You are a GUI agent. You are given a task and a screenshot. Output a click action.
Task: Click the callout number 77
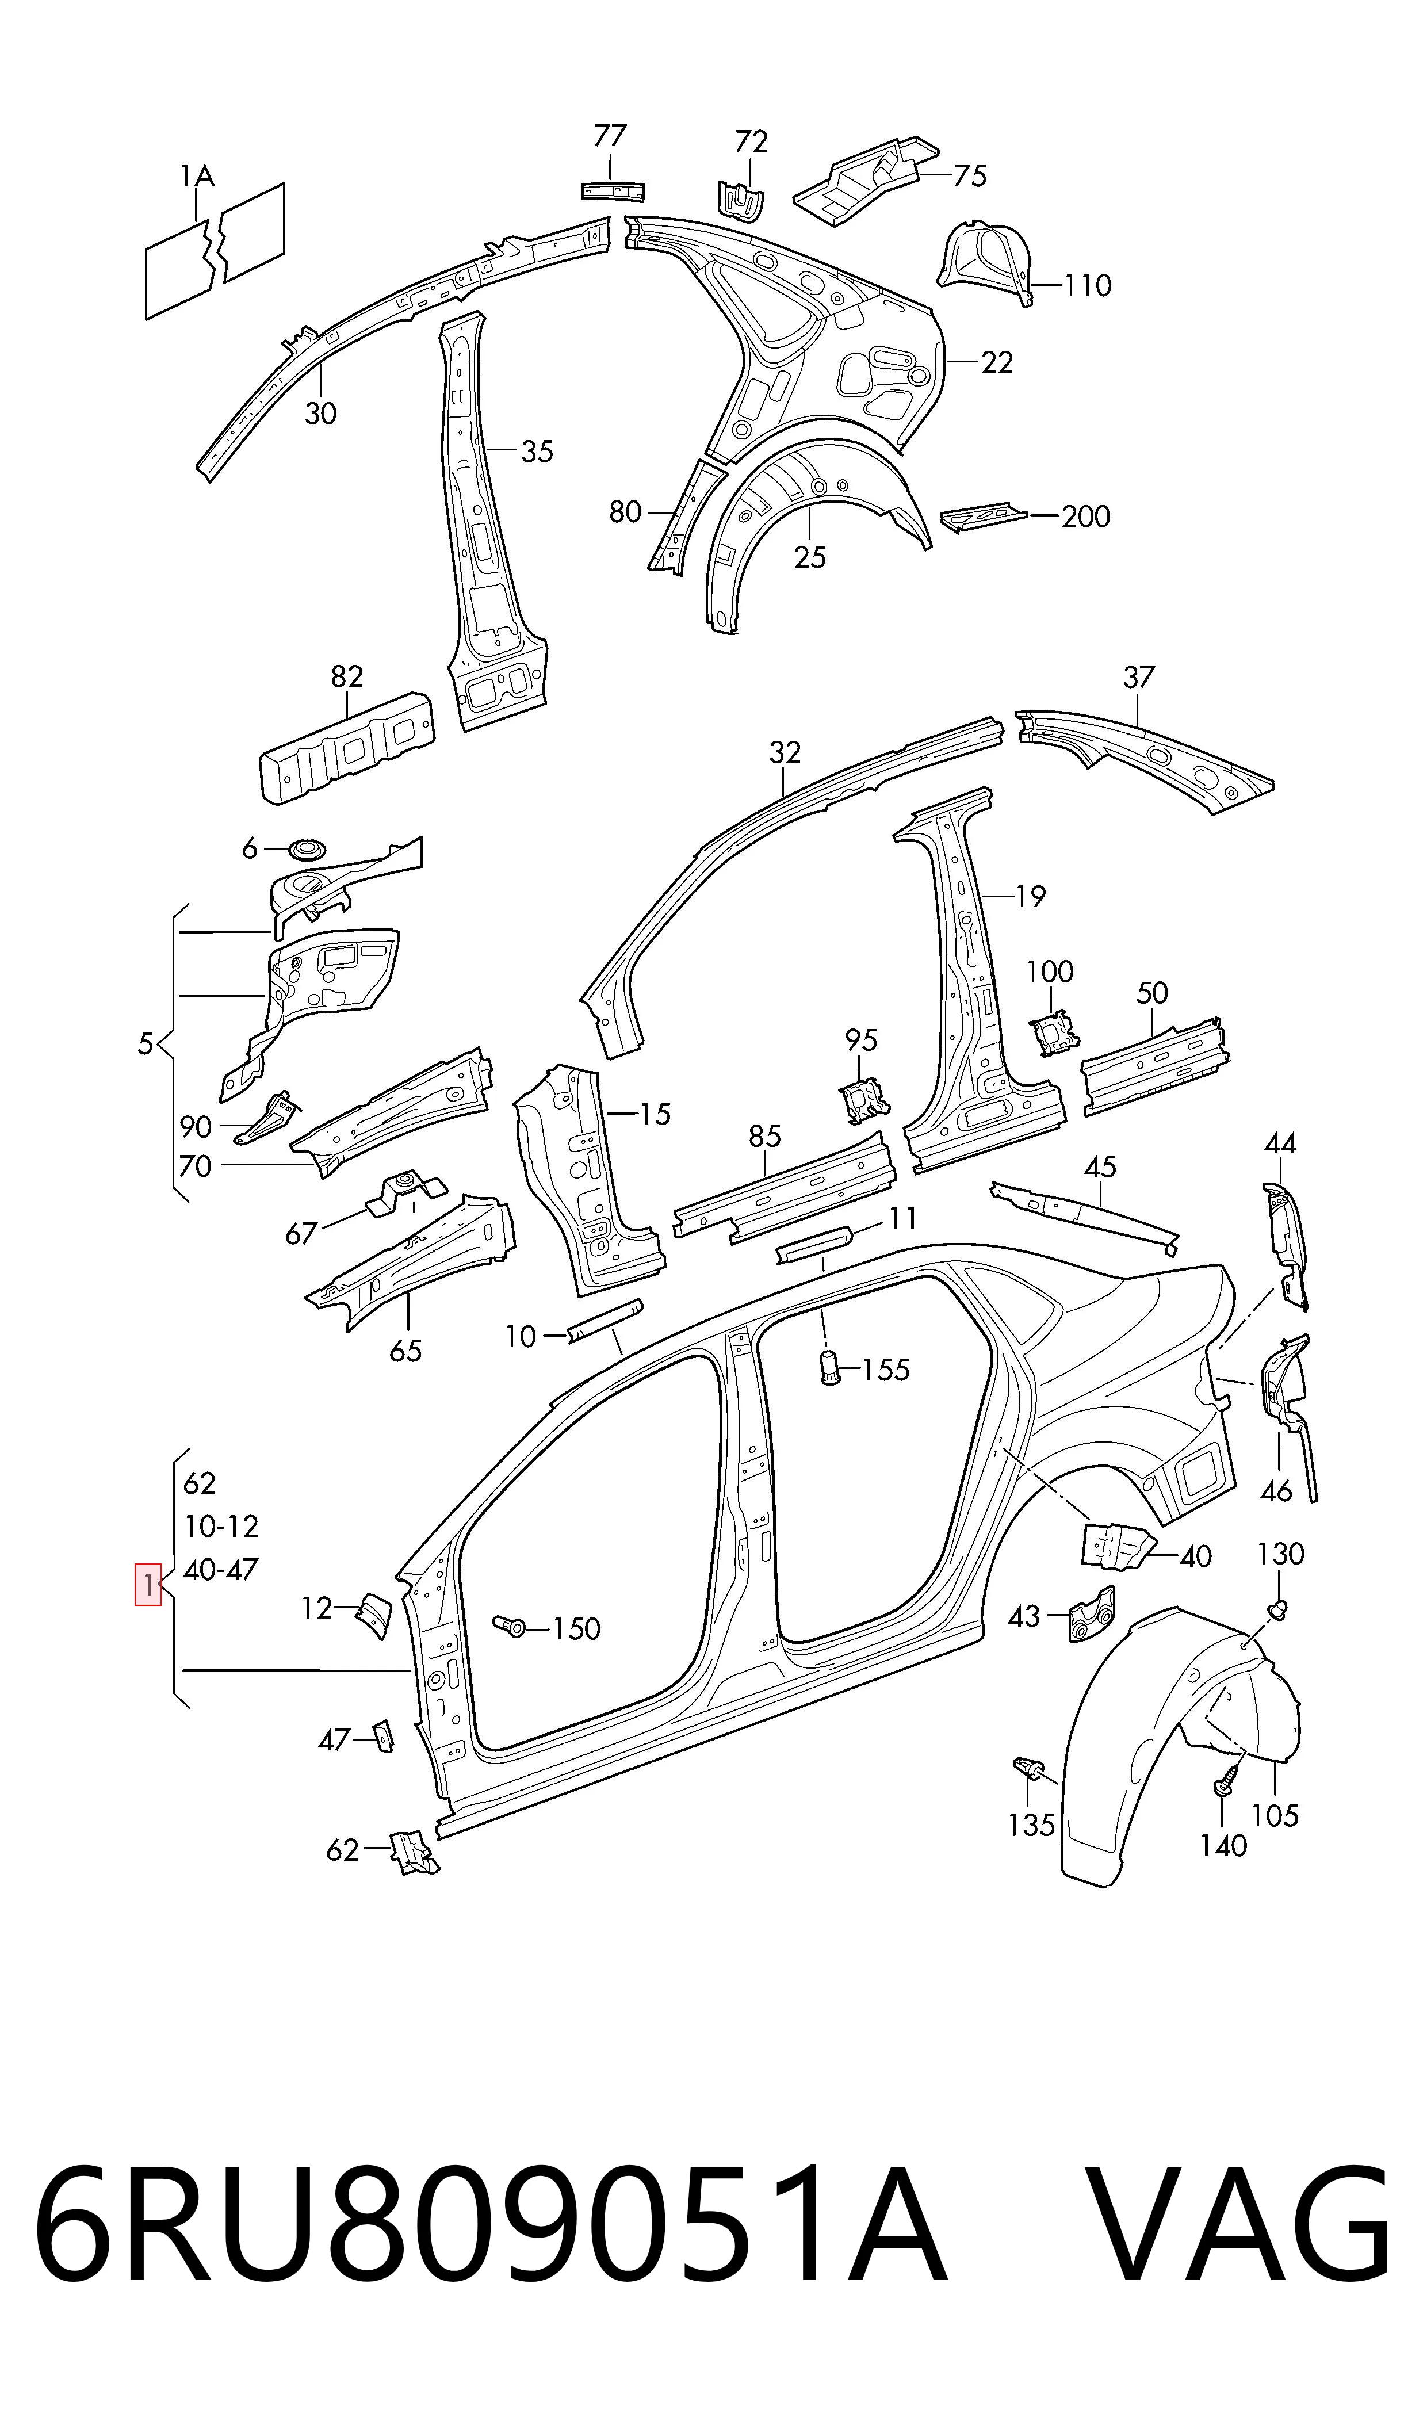point(610,136)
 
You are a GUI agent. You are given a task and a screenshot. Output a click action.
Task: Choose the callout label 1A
point(197,176)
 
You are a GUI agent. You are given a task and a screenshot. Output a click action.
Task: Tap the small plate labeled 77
point(613,190)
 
